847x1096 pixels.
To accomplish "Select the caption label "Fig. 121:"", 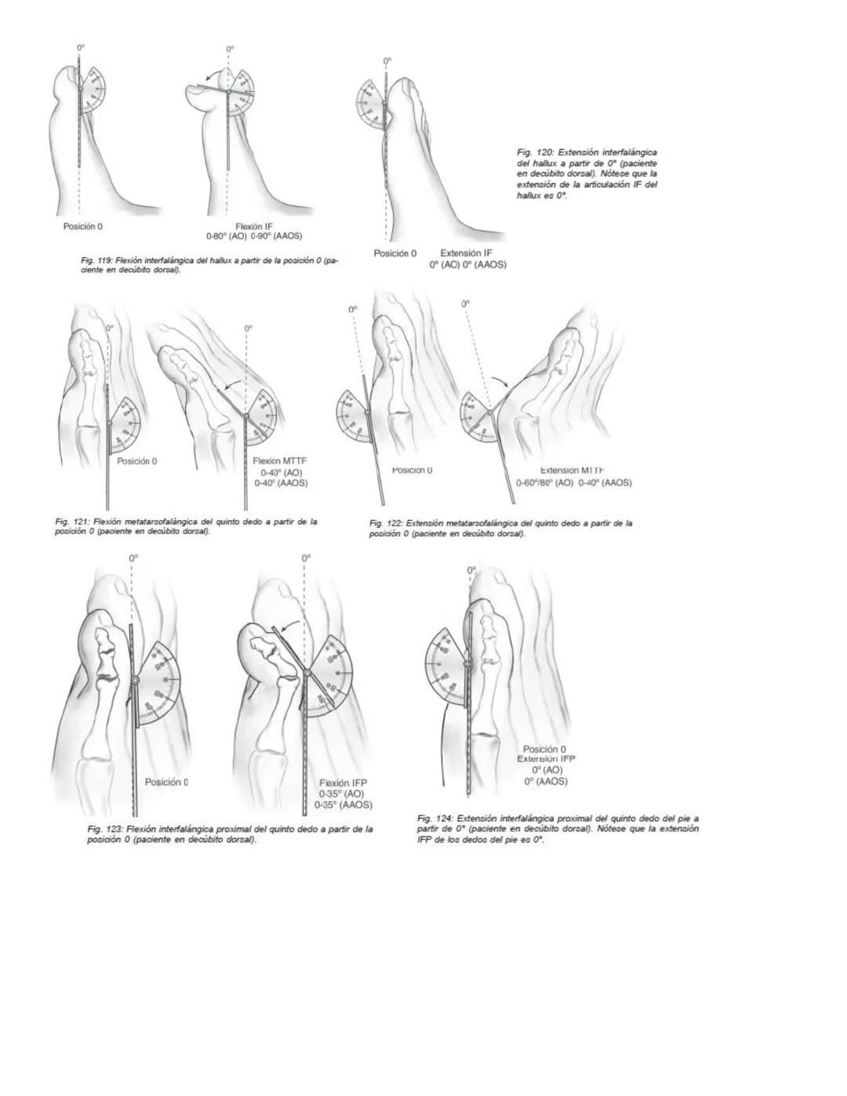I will pos(73,521).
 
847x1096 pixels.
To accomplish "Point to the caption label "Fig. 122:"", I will pos(387,523).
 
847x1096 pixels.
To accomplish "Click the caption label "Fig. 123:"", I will pos(104,828).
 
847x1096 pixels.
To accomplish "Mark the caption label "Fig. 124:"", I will pos(435,818).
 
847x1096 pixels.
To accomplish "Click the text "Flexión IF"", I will pos(253,226).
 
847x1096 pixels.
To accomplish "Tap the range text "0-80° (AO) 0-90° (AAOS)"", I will pos(253,236).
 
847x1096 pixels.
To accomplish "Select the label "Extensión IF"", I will pos(466,253).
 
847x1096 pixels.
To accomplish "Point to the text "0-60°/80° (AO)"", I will pos(544,482).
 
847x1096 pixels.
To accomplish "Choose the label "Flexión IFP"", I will pos(343,782).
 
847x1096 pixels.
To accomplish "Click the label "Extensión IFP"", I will pos(546,759).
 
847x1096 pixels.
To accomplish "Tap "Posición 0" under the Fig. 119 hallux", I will pos(83,226).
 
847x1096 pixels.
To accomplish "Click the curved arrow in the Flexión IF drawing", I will pos(209,76).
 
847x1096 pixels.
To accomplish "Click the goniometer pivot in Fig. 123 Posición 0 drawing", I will pos(135,679).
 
